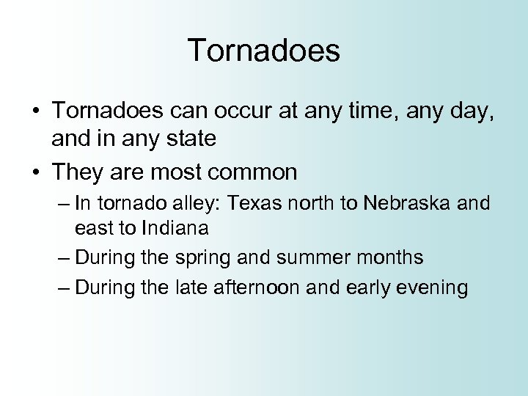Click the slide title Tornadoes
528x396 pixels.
pos(264,51)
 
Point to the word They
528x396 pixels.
pos(78,172)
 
